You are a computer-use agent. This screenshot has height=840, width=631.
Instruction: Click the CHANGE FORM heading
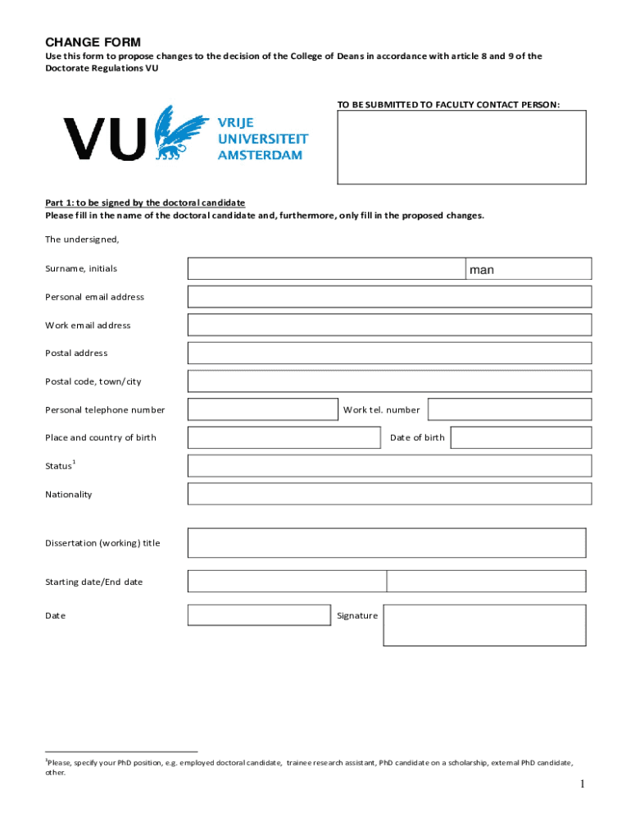pyautogui.click(x=93, y=42)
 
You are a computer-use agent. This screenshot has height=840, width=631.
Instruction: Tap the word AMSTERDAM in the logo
pyautogui.click(x=260, y=155)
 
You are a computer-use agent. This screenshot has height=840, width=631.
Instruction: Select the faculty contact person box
pyautogui.click(x=461, y=147)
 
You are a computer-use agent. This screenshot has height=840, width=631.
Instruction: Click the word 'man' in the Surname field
pyautogui.click(x=482, y=269)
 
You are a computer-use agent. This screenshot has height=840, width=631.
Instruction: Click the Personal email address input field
pyautogui.click(x=389, y=297)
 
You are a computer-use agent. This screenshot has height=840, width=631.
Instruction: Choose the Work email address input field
pyautogui.click(x=389, y=325)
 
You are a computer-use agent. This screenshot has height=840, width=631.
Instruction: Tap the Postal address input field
pyautogui.click(x=389, y=353)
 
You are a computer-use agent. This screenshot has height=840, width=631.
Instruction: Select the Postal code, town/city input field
pyautogui.click(x=389, y=381)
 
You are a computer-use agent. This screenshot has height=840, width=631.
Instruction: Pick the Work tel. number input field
pyautogui.click(x=509, y=409)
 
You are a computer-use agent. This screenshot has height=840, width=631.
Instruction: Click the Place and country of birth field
pyautogui.click(x=284, y=437)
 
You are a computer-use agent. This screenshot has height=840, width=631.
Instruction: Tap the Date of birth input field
pyautogui.click(x=520, y=437)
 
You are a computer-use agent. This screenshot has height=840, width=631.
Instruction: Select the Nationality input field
pyautogui.click(x=389, y=494)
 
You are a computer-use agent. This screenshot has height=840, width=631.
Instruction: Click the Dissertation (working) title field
pyautogui.click(x=387, y=543)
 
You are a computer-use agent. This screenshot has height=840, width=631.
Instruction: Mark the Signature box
pyautogui.click(x=484, y=625)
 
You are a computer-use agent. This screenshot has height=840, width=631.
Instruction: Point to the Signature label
pyautogui.click(x=357, y=615)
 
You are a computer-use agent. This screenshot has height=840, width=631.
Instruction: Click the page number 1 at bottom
pyautogui.click(x=582, y=785)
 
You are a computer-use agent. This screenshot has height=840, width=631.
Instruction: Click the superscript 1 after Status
pyautogui.click(x=75, y=462)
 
